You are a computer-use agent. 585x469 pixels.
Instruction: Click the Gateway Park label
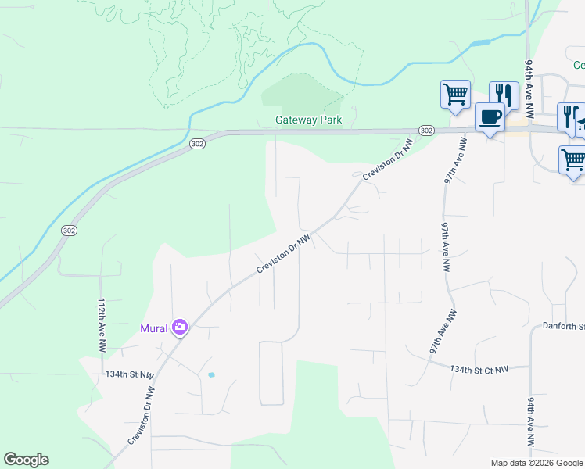coord(308,120)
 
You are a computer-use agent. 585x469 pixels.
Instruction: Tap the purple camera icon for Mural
coord(181,327)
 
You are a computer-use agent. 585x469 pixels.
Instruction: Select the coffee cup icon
coord(490,118)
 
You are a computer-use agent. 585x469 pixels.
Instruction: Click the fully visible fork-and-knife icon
coord(504,95)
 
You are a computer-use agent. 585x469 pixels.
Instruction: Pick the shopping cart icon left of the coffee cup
coord(455,95)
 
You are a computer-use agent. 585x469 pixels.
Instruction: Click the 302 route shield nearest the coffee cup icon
coord(425,130)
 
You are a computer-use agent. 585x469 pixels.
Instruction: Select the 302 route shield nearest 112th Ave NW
coord(69,230)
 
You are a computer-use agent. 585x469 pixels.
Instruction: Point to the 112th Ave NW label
coord(102,323)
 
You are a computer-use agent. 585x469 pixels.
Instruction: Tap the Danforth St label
coord(563,325)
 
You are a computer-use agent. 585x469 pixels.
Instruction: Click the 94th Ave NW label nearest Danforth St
coord(530,422)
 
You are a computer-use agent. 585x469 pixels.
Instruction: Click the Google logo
coord(26,460)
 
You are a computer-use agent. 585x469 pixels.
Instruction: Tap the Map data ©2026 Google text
coord(536,463)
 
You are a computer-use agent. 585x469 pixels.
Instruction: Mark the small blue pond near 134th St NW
coord(211,375)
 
